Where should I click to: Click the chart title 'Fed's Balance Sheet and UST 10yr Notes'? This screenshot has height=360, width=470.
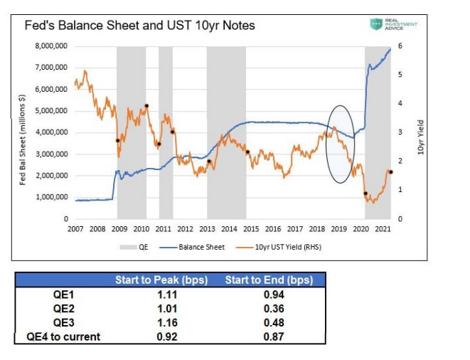[139, 26]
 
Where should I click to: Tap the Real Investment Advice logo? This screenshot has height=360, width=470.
[393, 25]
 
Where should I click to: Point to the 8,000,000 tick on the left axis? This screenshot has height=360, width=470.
[51, 46]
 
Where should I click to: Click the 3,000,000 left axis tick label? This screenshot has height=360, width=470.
[51, 154]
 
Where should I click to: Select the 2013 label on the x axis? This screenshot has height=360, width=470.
[207, 228]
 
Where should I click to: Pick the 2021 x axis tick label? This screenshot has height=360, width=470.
[382, 228]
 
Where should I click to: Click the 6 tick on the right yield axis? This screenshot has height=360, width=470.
[400, 46]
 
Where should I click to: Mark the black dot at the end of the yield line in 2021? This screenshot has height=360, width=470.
[390, 172]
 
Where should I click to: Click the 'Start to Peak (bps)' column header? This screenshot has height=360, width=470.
[161, 280]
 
